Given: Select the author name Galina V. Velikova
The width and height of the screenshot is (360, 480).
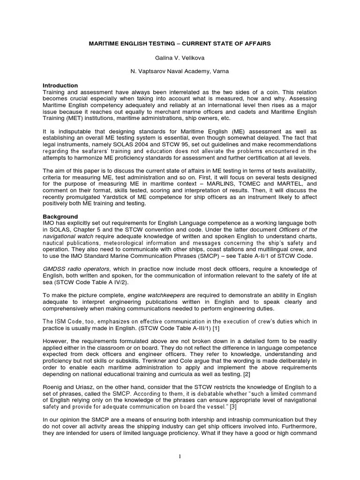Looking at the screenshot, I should click(180, 58).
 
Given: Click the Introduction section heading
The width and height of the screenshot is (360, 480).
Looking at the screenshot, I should click(60, 86).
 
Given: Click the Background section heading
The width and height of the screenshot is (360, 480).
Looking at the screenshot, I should click(60, 217).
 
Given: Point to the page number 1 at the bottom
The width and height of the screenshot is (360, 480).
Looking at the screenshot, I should click(180, 457).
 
